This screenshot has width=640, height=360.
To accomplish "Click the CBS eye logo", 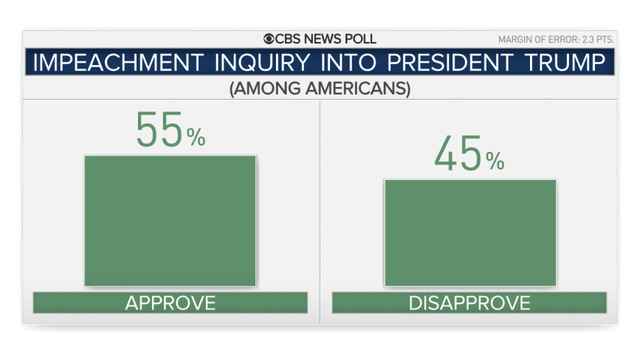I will click(x=270, y=39).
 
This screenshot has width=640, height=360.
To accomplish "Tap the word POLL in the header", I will click(x=356, y=39).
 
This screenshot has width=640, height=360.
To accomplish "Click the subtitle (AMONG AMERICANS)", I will click(x=319, y=89).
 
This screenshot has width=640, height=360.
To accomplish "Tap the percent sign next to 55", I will click(x=195, y=138).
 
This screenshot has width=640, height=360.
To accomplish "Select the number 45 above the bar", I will click(x=459, y=155).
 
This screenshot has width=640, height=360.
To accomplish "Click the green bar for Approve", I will click(x=170, y=221).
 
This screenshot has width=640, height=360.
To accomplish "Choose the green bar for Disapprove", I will click(x=470, y=233).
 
